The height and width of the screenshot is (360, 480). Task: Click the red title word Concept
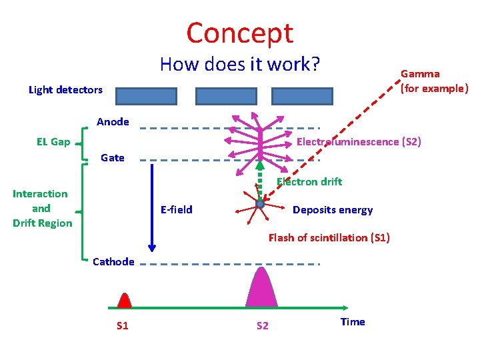[x=239, y=33]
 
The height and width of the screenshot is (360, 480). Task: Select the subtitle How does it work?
[x=240, y=65]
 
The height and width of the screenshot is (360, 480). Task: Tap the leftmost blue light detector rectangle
[x=146, y=97]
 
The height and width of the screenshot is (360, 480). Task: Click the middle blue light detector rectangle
[x=226, y=97]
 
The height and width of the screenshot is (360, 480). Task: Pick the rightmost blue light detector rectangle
[x=302, y=97]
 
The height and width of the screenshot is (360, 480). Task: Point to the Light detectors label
[x=65, y=89]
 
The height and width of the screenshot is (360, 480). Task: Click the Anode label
[x=113, y=121]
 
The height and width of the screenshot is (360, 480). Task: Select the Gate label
[x=112, y=157]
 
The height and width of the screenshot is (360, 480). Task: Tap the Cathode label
[x=113, y=261]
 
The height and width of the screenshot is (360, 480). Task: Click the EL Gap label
[x=53, y=141]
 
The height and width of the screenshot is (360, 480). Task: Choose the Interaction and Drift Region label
[x=41, y=208]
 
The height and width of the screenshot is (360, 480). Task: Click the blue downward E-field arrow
[x=152, y=207]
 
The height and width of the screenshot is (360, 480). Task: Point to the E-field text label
[x=176, y=209]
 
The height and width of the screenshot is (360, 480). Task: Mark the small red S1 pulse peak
[x=124, y=301]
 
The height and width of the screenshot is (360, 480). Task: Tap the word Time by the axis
[x=353, y=322]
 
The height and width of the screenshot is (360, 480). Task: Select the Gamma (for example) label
[x=433, y=81]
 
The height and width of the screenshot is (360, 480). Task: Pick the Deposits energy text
[x=333, y=210]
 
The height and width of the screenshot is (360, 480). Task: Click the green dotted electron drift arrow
[x=261, y=180]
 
